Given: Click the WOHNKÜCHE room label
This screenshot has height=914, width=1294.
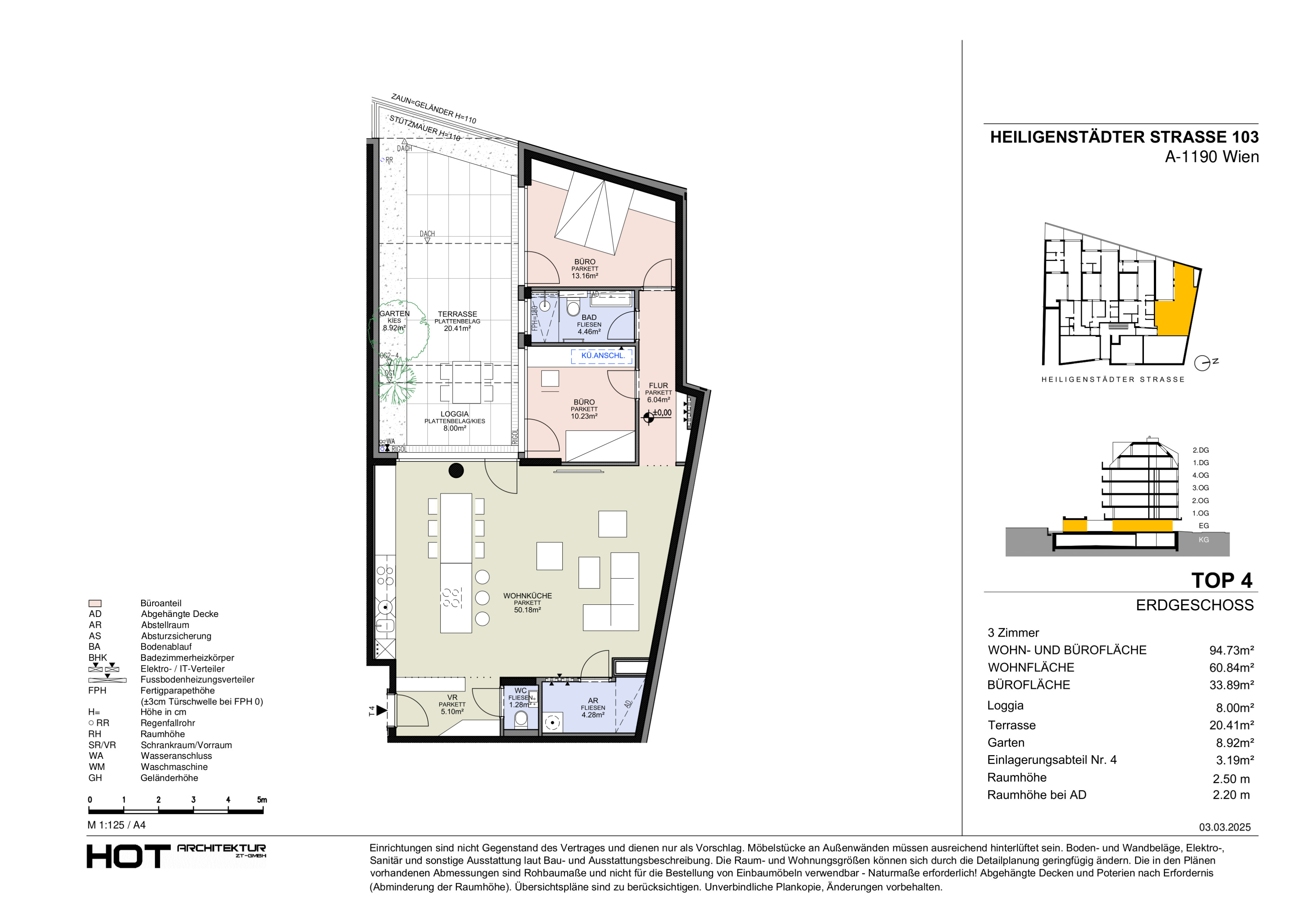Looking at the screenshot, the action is [x=528, y=596].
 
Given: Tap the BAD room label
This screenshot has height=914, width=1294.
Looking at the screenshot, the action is [x=589, y=318].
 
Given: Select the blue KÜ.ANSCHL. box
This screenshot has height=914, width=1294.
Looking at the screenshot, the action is [x=603, y=356].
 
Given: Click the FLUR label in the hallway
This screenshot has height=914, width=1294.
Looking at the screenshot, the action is [x=658, y=386].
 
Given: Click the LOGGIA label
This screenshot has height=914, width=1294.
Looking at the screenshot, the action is [x=454, y=414].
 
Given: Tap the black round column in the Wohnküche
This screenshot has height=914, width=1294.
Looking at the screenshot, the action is [x=456, y=470].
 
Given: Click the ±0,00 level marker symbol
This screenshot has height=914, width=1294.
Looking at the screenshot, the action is [x=649, y=417].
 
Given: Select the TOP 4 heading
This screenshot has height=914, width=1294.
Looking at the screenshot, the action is [x=1221, y=581].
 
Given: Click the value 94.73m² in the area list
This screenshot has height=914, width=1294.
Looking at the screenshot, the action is [x=1232, y=651].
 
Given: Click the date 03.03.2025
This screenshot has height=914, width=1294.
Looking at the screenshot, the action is [x=1224, y=827].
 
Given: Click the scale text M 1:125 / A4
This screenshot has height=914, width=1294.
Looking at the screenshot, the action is [x=117, y=825].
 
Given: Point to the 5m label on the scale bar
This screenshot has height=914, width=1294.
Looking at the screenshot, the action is [x=262, y=800].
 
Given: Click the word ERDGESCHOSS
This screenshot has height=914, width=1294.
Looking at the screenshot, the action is [x=1195, y=606].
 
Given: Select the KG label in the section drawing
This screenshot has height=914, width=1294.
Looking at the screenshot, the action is [x=1203, y=539].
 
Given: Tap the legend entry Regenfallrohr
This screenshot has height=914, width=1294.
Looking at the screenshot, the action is [x=168, y=723].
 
